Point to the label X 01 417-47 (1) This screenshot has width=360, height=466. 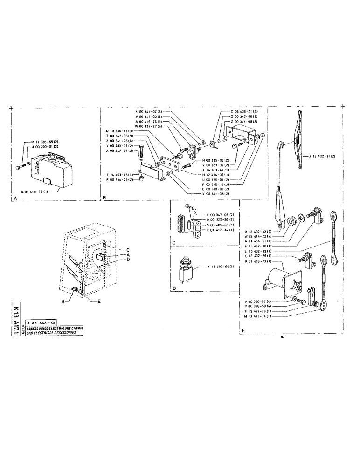(x=221, y=230)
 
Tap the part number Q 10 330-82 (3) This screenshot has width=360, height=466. (x=120, y=131)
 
